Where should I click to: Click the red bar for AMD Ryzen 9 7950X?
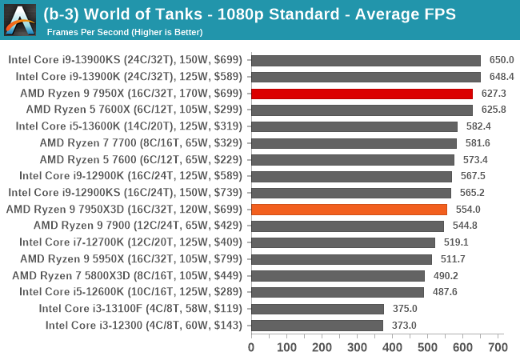click(x=362, y=93)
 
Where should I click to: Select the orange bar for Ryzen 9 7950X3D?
click(x=349, y=209)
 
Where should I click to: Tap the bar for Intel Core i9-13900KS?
click(x=366, y=60)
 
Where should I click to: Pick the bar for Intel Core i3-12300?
click(x=317, y=325)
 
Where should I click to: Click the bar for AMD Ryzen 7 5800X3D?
click(x=338, y=275)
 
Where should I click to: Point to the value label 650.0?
click(x=502, y=60)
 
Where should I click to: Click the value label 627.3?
click(x=494, y=93)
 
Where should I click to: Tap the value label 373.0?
click(x=404, y=325)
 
